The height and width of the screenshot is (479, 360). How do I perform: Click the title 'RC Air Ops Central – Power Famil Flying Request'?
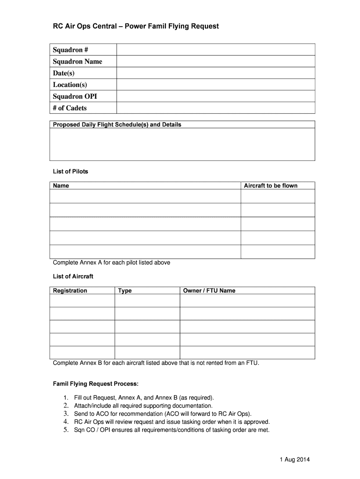tap(135, 27)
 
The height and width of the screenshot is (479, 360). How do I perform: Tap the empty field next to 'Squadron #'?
tap(216, 50)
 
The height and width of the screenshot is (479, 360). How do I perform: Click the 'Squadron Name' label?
tap(78, 62)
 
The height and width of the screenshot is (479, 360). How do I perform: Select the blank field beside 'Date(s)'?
tap(216, 73)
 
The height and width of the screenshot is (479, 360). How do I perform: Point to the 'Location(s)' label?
tap(70, 85)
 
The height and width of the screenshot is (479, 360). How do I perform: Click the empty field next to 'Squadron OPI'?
tap(216, 96)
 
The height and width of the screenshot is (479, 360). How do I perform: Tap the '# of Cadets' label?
tap(70, 108)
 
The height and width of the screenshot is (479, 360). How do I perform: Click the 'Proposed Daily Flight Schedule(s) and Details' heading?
tap(117, 125)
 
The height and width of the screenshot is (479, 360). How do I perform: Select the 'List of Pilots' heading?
tap(71, 172)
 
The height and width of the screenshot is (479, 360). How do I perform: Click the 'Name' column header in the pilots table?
tap(61, 186)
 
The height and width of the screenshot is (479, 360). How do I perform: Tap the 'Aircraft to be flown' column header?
tap(271, 186)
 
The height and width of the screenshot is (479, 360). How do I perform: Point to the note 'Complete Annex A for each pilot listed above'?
tap(112, 263)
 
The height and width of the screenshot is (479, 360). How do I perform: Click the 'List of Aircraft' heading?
tap(73, 276)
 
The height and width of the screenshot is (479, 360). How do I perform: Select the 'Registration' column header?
tap(70, 290)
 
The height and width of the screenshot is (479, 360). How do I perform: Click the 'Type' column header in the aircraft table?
tap(125, 290)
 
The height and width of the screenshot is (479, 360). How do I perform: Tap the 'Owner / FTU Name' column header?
tap(209, 290)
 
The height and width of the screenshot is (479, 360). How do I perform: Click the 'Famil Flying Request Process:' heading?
tap(96, 384)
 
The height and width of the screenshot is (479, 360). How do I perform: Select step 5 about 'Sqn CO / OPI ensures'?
tap(172, 430)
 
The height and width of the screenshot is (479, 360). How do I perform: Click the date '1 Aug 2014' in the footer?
tap(293, 459)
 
